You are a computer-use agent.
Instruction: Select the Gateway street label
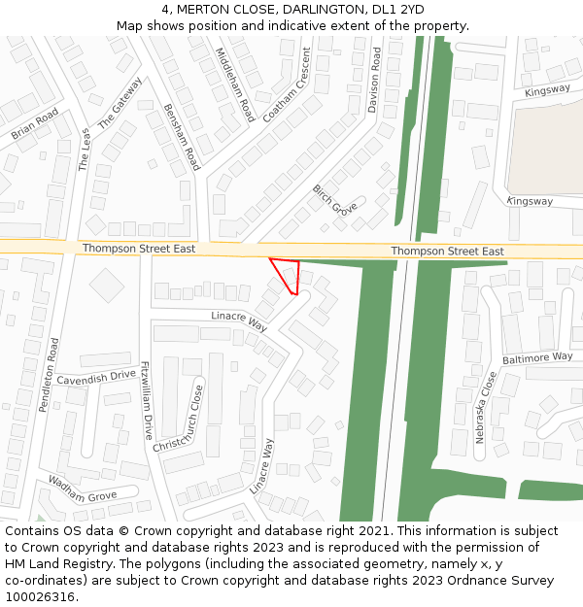click(x=120, y=103)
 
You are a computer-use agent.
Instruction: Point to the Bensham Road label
click(x=182, y=137)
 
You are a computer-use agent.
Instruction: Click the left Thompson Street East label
click(x=138, y=249)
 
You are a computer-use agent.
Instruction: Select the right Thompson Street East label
click(x=447, y=252)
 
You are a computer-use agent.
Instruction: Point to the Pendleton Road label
click(x=50, y=375)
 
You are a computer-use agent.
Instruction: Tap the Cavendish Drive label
click(x=95, y=376)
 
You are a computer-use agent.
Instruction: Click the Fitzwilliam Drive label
click(x=147, y=400)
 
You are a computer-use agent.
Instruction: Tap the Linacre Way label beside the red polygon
click(x=239, y=320)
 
